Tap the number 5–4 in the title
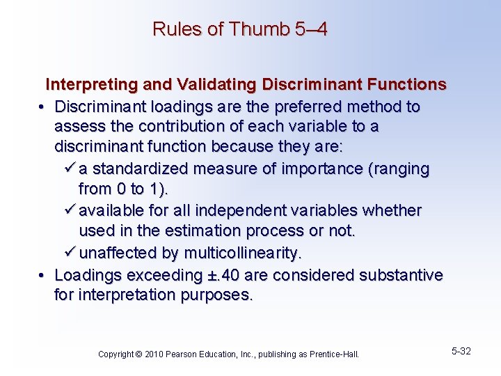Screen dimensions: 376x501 click(311, 29)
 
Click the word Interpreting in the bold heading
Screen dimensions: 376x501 click(87, 84)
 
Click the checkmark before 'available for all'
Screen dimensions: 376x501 click(69, 210)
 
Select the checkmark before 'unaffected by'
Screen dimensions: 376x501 click(69, 252)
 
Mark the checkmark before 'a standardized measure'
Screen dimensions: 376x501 click(69, 169)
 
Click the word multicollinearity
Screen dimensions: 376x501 click(240, 252)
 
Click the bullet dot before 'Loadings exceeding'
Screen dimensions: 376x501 click(42, 276)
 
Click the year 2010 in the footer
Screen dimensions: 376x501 click(153, 354)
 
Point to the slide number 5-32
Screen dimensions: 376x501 click(460, 351)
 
